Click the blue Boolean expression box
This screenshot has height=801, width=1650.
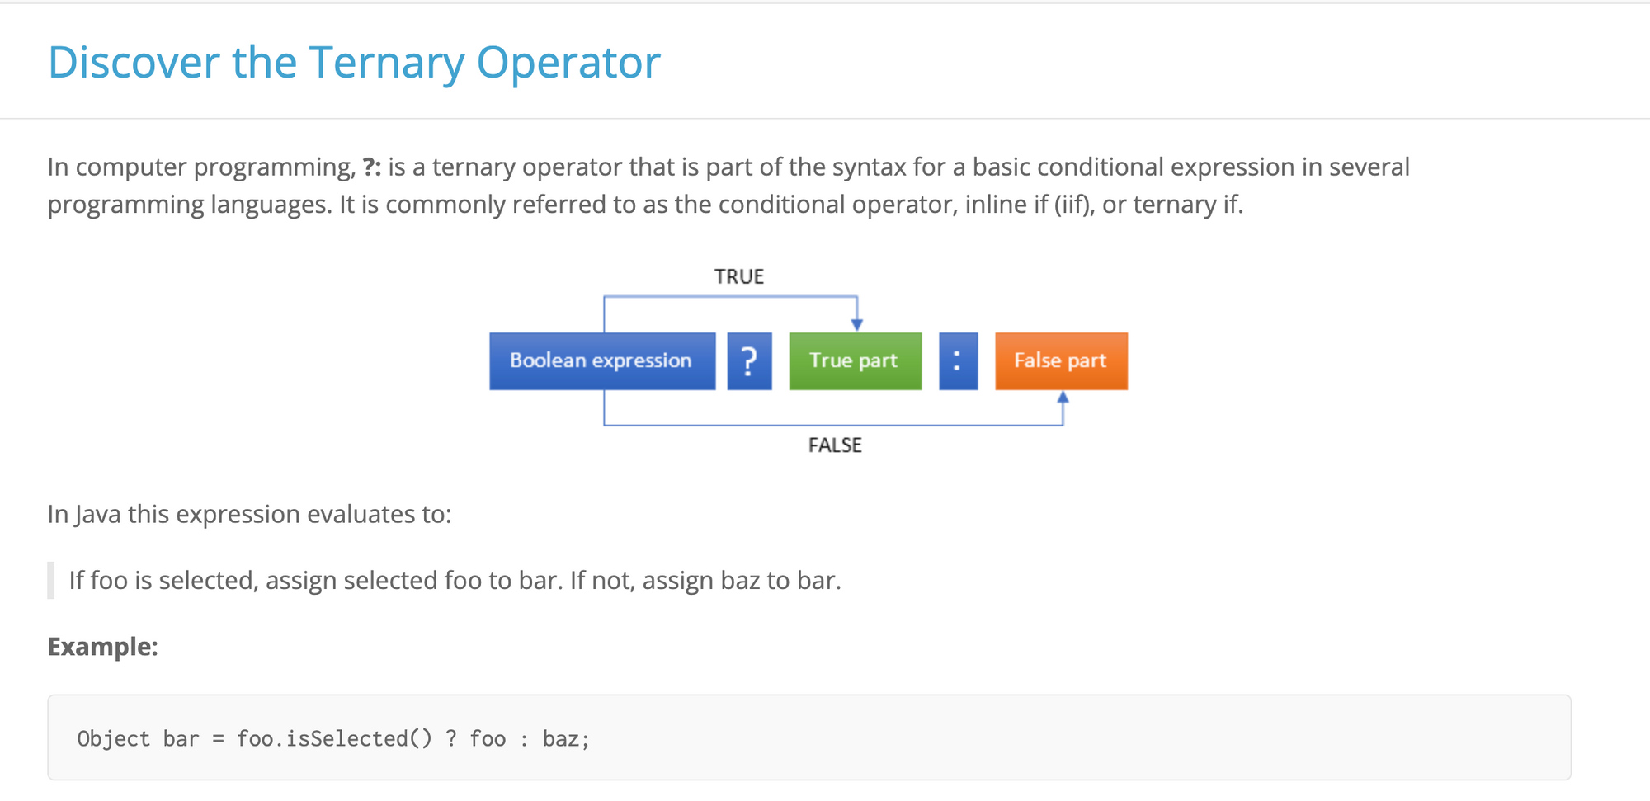click(x=601, y=360)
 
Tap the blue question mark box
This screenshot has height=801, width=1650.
click(x=749, y=360)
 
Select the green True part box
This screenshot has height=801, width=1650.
click(x=855, y=360)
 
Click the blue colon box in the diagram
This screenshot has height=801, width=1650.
click(x=958, y=360)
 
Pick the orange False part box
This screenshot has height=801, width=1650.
click(x=1061, y=360)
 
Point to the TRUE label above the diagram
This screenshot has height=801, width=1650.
click(x=739, y=276)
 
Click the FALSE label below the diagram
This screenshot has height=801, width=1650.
click(x=835, y=445)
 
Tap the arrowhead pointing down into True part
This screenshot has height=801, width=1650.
click(x=857, y=324)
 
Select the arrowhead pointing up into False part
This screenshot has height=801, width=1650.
click(x=1063, y=398)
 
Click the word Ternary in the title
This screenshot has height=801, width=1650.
click(x=387, y=63)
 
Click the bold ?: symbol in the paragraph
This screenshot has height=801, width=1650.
click(x=372, y=167)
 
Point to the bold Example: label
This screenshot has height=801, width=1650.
click(x=103, y=646)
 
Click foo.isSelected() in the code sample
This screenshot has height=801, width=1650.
click(x=334, y=738)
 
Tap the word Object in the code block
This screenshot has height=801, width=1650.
click(x=114, y=738)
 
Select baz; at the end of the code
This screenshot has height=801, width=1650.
click(x=566, y=738)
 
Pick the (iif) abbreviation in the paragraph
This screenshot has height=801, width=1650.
click(x=1075, y=205)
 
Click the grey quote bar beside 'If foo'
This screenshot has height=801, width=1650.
click(x=51, y=580)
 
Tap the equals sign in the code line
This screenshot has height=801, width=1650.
click(x=218, y=738)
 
